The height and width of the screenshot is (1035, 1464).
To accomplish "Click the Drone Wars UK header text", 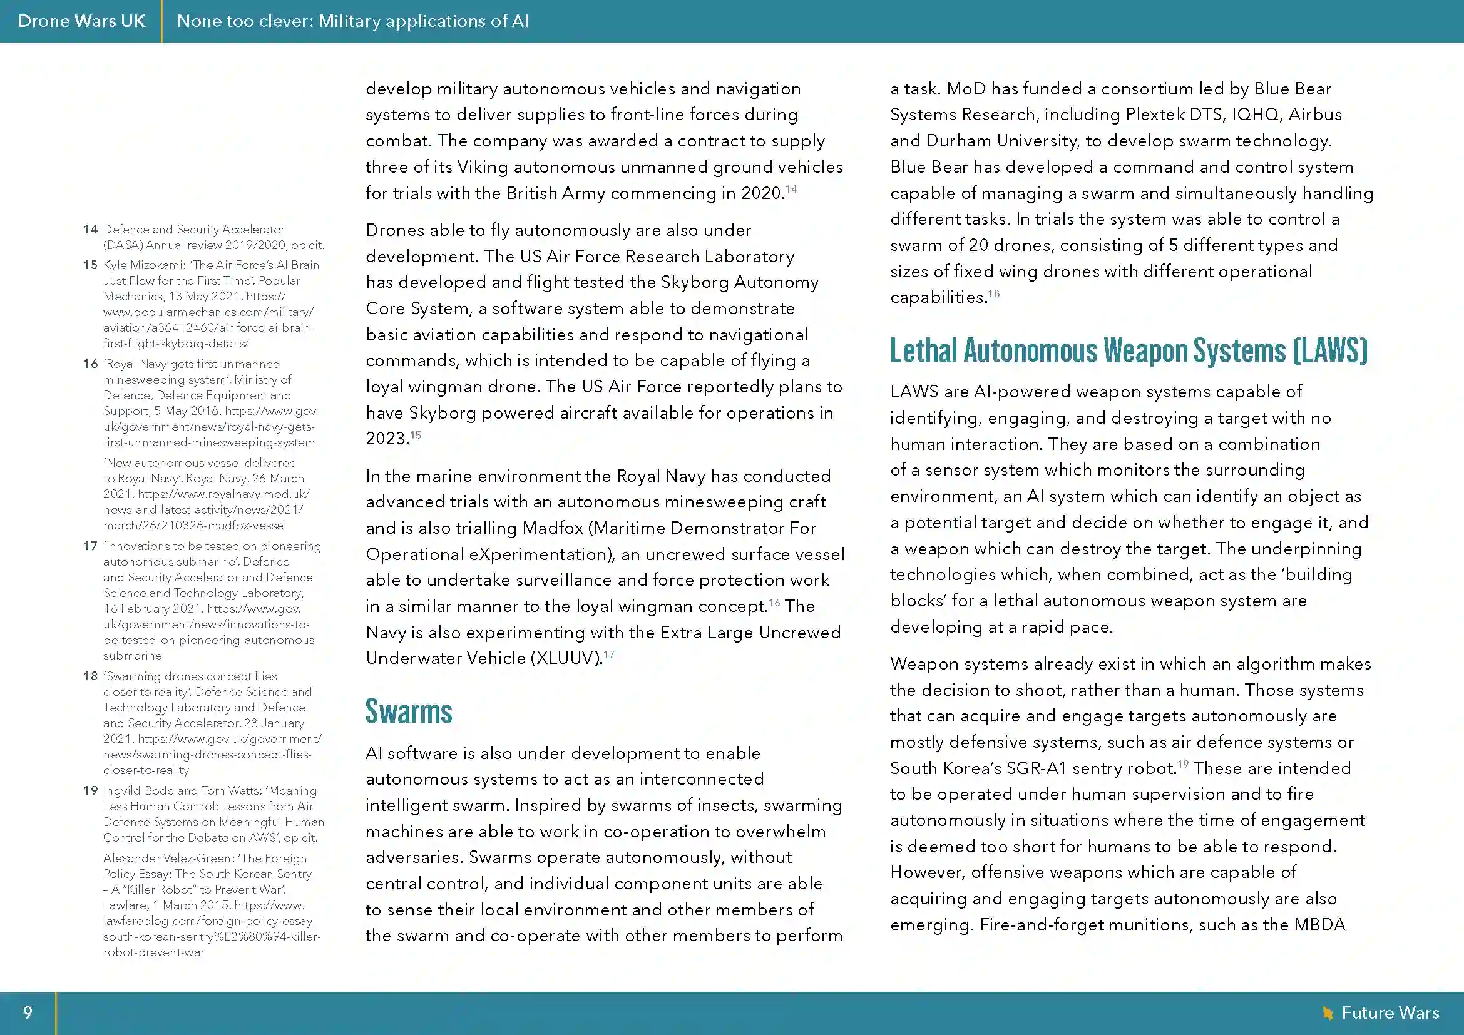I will pyautogui.click(x=81, y=21).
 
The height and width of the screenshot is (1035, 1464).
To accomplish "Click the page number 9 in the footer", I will pyautogui.click(x=28, y=1012).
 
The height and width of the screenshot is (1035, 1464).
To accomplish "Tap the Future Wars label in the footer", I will pyautogui.click(x=1390, y=1012).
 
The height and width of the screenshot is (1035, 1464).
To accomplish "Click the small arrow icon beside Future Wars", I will pyautogui.click(x=1328, y=1012).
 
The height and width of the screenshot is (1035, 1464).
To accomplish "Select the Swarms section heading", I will pyautogui.click(x=409, y=712).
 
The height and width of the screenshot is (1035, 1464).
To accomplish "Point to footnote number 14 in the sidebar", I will pyautogui.click(x=90, y=230).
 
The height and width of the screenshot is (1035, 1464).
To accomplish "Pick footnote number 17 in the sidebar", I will pyautogui.click(x=90, y=546).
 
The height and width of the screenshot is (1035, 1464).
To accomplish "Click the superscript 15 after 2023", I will pyautogui.click(x=416, y=436).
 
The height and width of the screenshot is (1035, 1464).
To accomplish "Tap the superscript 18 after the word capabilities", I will pyautogui.click(x=994, y=294).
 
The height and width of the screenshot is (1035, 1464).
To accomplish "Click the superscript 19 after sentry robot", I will pyautogui.click(x=1183, y=764).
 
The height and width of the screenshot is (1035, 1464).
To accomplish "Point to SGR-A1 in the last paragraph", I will pyautogui.click(x=1036, y=768).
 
